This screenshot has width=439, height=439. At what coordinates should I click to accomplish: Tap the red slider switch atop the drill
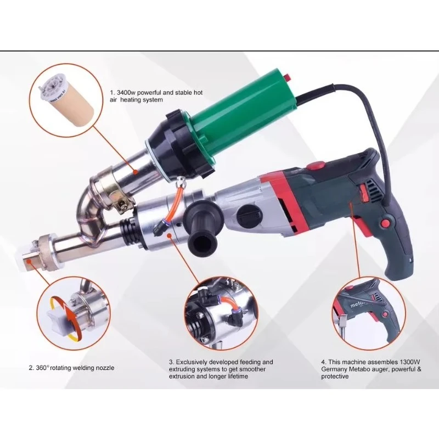[314, 165]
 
